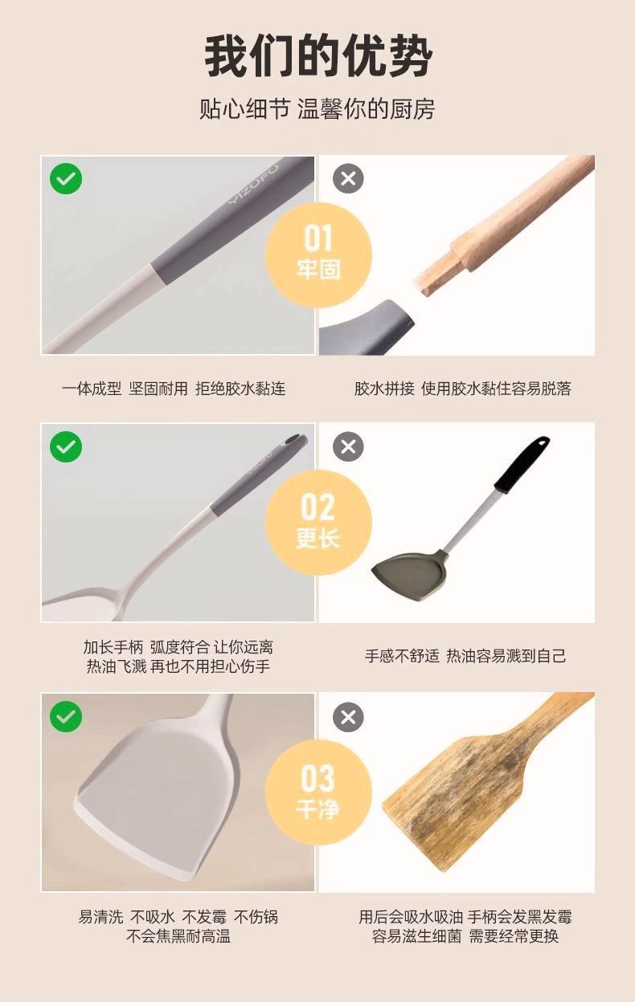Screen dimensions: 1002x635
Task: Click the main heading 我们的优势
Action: [317, 56]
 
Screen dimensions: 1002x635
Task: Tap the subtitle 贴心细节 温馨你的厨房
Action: [317, 108]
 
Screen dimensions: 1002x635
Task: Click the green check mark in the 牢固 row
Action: [66, 179]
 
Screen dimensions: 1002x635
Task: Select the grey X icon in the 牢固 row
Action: [348, 179]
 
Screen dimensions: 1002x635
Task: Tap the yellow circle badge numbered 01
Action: [317, 253]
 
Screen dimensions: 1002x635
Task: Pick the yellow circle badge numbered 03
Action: [317, 791]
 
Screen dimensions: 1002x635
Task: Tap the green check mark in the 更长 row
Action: [66, 446]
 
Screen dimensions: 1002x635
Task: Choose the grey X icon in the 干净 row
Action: [348, 716]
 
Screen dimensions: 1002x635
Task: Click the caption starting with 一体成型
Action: [174, 389]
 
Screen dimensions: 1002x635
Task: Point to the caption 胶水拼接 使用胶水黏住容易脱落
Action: [462, 389]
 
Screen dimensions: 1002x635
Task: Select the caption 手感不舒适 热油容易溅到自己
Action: [465, 656]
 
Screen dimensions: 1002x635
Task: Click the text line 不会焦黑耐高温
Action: [178, 936]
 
